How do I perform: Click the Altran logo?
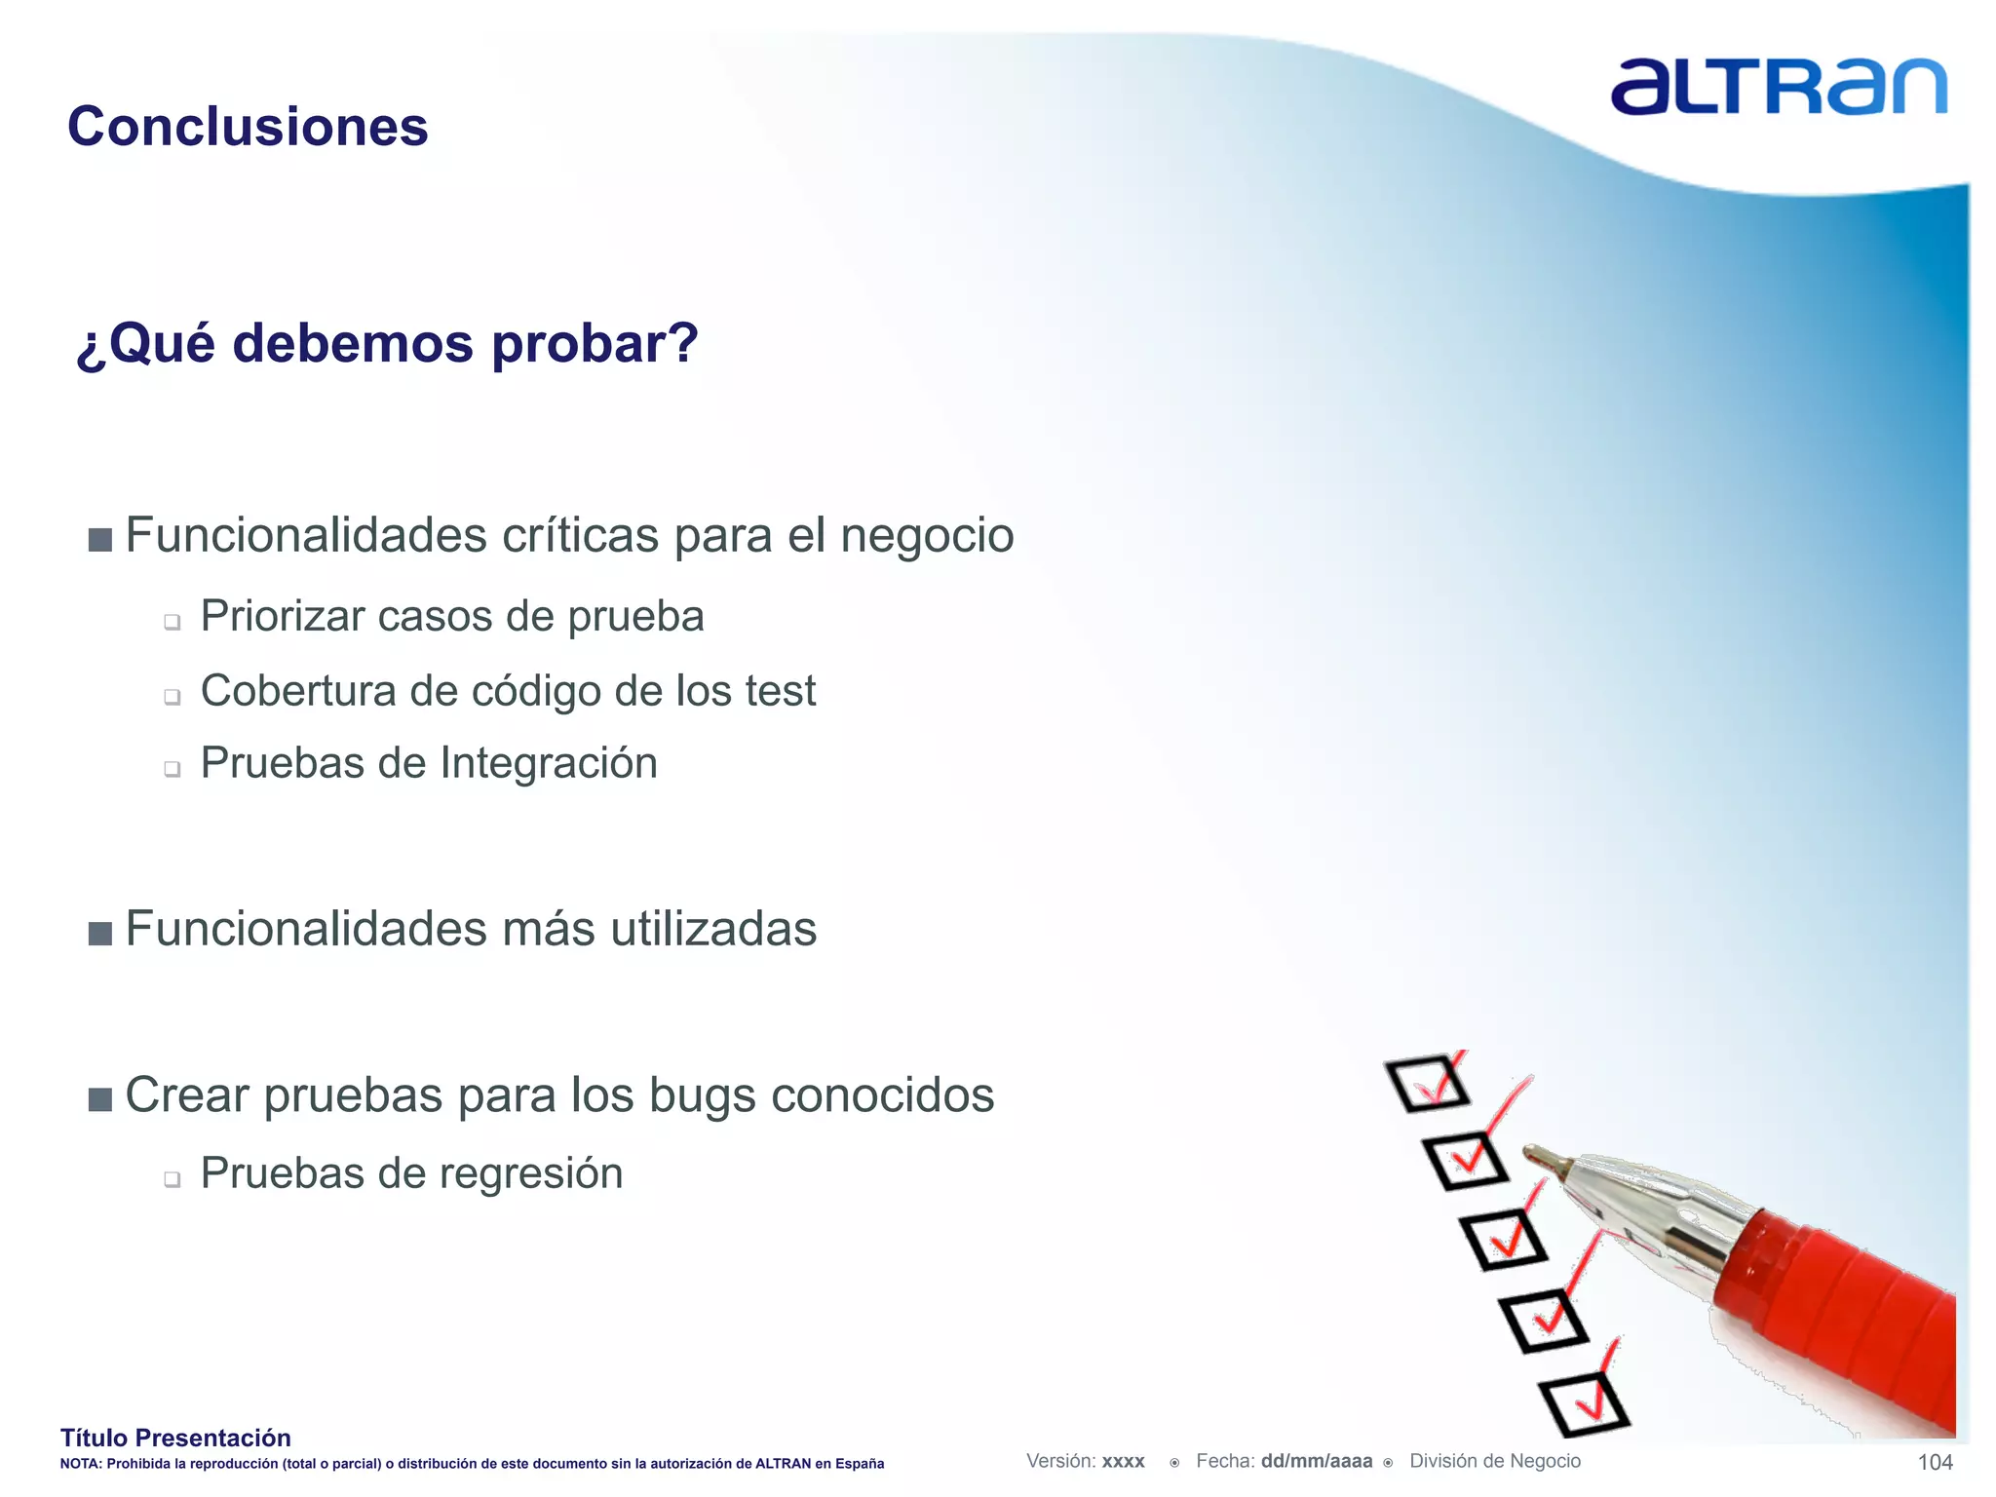click(1778, 87)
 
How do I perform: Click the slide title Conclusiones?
click(248, 127)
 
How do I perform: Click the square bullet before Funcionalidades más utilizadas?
click(99, 934)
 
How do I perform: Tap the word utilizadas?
click(713, 929)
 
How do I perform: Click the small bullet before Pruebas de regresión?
click(173, 1179)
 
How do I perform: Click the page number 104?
click(1935, 1462)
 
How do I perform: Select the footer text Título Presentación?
click(175, 1438)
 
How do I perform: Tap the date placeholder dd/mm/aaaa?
click(1316, 1461)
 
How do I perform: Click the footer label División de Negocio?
click(1495, 1461)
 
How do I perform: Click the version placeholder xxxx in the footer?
click(1123, 1461)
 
